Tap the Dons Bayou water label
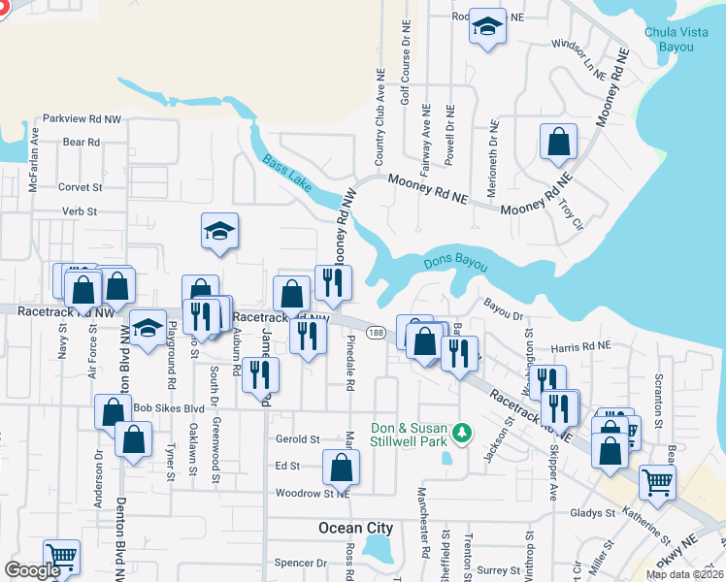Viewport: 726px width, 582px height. point(455,262)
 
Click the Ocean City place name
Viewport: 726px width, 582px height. point(356,529)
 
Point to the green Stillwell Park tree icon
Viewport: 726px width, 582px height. point(464,430)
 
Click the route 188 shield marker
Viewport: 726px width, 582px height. point(375,333)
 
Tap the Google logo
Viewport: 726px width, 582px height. point(32,570)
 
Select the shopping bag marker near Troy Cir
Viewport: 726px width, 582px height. point(559,142)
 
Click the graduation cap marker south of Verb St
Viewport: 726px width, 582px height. point(220,232)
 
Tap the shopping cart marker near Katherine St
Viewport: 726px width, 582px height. point(657,482)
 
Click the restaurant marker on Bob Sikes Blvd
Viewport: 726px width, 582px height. point(259,376)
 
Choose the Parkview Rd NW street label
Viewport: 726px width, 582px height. point(82,118)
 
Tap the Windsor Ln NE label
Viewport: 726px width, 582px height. point(577,46)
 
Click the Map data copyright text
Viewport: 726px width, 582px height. point(684,574)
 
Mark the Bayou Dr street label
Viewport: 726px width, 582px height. point(504,315)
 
